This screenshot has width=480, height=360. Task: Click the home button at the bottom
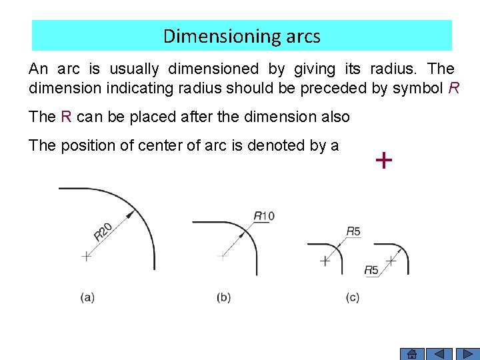tap(412, 354)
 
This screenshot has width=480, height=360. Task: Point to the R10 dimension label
tap(264, 215)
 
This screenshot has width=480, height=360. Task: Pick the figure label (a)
tap(87, 297)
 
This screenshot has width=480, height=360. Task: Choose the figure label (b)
tap(224, 297)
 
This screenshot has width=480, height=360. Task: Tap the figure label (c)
tap(353, 297)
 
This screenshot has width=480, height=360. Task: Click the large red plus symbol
tap(383, 160)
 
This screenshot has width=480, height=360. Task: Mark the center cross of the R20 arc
tap(86, 256)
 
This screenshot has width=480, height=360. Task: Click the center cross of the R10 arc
tap(222, 255)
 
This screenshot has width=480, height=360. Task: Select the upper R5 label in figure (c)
tap(353, 231)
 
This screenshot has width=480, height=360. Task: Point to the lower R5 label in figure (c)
tap(371, 270)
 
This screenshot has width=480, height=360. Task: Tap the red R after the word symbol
tap(454, 88)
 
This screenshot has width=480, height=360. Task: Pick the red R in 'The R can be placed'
tap(65, 117)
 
